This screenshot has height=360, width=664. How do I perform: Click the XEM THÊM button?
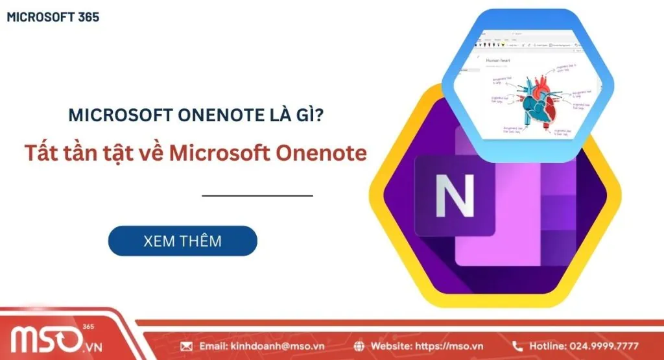pos(182,241)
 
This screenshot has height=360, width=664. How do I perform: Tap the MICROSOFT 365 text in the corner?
pos(53,18)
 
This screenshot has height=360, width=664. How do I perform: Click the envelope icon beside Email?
pos(186,346)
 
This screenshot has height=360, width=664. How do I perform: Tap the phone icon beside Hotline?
pos(517,346)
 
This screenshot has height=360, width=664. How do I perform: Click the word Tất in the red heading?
pos(41,152)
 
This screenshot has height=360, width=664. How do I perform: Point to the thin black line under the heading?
pos(257,195)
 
